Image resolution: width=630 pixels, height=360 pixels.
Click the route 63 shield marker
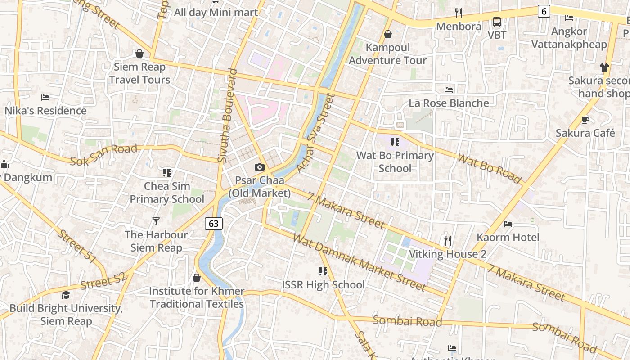(x=214, y=223)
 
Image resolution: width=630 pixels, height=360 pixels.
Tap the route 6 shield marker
(x=544, y=11)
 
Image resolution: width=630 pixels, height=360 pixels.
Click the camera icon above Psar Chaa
(x=259, y=167)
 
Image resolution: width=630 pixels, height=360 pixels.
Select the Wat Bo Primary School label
(x=395, y=162)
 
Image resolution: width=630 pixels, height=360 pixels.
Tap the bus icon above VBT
(x=497, y=22)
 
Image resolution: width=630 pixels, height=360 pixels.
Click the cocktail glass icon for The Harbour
(x=156, y=221)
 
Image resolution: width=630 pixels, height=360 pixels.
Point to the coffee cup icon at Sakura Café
(x=585, y=120)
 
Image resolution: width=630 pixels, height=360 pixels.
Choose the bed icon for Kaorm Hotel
(x=508, y=224)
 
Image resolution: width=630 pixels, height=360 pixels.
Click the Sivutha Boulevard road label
(x=227, y=116)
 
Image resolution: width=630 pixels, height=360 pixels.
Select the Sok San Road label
(x=103, y=154)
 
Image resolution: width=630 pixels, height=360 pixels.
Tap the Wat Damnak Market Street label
(x=359, y=262)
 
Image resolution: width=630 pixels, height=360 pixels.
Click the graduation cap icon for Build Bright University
(x=66, y=295)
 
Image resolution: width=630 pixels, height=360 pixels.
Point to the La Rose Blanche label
(x=449, y=103)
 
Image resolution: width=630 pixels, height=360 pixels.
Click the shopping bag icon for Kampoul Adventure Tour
(x=387, y=34)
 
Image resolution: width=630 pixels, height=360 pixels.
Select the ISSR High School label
(x=323, y=285)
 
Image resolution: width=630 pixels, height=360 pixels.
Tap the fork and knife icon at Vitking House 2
(x=447, y=241)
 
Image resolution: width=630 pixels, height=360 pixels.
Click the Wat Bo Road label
(x=489, y=169)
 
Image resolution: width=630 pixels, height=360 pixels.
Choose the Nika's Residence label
(x=45, y=110)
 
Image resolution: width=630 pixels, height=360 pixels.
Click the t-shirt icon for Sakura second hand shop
(x=604, y=67)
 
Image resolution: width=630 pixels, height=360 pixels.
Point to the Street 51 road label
(x=77, y=246)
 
